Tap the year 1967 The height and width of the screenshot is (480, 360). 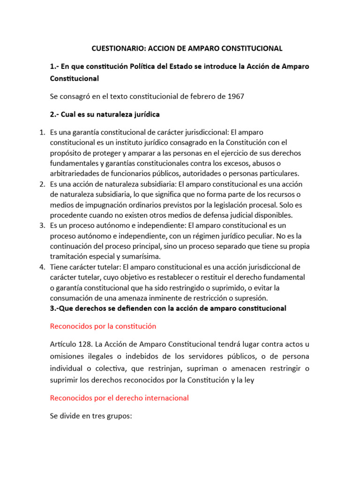click(236, 96)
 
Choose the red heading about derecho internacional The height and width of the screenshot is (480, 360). click(119, 397)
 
